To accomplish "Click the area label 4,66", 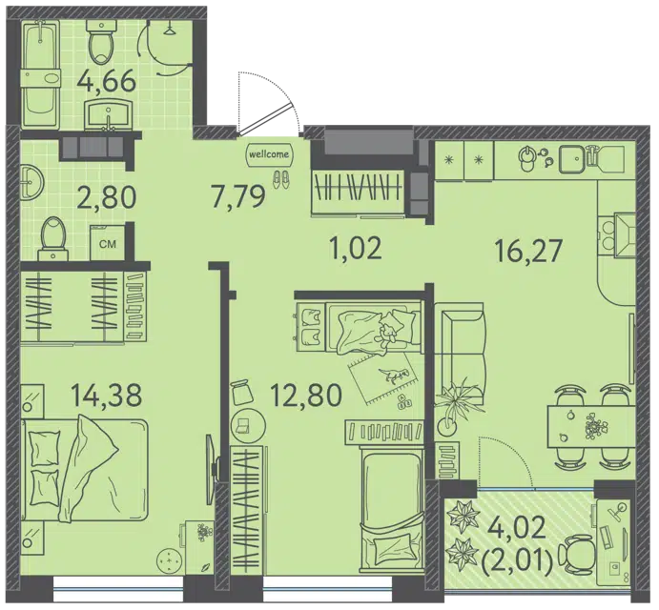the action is (x=107, y=82).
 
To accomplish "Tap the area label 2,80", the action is (x=107, y=197).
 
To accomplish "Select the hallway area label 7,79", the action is (x=239, y=196).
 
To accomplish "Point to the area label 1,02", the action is (x=356, y=248).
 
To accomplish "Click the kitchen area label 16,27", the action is (x=528, y=252).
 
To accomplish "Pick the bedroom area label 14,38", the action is (x=107, y=396).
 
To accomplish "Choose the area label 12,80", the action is (x=305, y=396).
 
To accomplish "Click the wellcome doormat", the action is (x=269, y=154).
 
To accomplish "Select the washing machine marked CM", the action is (x=108, y=244).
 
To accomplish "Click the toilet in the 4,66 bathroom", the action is (x=100, y=42).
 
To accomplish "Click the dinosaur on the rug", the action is (x=393, y=376).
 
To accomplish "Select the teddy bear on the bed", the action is (x=388, y=333).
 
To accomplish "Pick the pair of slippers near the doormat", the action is (x=280, y=179).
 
